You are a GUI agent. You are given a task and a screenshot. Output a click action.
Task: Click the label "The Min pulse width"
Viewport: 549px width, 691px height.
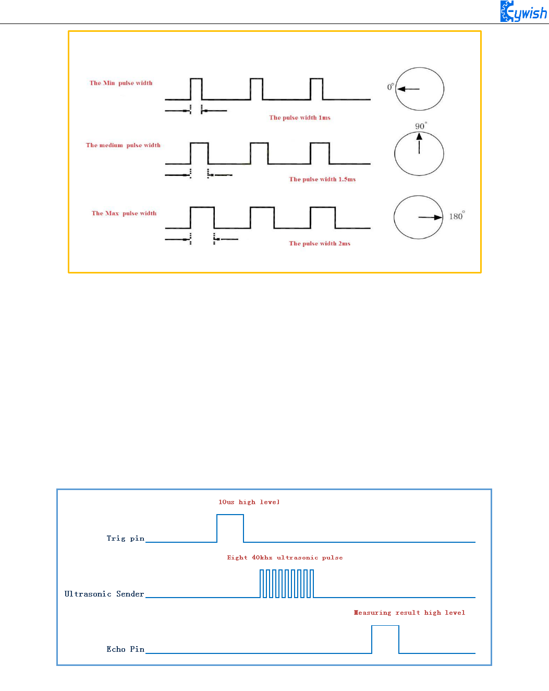[x=121, y=83]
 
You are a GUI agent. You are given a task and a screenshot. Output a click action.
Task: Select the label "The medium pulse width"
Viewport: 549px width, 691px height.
[x=123, y=145]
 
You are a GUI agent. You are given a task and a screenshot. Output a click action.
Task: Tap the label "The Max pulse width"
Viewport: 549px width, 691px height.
[x=124, y=213]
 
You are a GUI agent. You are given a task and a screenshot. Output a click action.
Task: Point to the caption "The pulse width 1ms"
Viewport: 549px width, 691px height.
[x=300, y=117]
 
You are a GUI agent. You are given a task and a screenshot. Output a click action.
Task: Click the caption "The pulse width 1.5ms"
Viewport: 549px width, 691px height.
[x=322, y=179]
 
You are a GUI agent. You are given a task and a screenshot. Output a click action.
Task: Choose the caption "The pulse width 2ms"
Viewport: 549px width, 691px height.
[x=320, y=243]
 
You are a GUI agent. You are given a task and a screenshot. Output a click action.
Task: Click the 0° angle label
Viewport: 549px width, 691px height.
[x=391, y=87]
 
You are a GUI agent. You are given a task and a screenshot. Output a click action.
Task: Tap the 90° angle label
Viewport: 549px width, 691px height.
[x=420, y=126]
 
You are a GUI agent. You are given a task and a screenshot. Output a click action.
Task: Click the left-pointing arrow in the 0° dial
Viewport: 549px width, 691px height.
[x=408, y=89]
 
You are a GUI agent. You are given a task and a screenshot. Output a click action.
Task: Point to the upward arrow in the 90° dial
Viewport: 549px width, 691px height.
[x=419, y=143]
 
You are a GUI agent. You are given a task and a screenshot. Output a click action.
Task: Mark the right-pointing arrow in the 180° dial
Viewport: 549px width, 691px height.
[x=431, y=217]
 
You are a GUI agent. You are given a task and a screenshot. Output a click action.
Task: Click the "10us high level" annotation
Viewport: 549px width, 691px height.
[x=249, y=502]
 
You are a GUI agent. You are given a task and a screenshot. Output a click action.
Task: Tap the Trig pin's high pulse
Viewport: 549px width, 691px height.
[x=230, y=528]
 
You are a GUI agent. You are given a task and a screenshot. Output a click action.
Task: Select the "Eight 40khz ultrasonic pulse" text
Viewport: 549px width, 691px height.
[x=285, y=557]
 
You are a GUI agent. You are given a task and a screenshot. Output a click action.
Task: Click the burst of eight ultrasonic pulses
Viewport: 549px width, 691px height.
[x=287, y=583]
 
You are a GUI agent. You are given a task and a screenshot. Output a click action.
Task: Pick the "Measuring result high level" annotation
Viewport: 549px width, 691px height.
[x=409, y=613]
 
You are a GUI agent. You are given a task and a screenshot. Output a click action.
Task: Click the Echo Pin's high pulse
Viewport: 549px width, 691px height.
[x=385, y=639]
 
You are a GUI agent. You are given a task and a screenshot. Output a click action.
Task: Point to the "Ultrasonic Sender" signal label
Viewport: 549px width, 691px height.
[x=104, y=594]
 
